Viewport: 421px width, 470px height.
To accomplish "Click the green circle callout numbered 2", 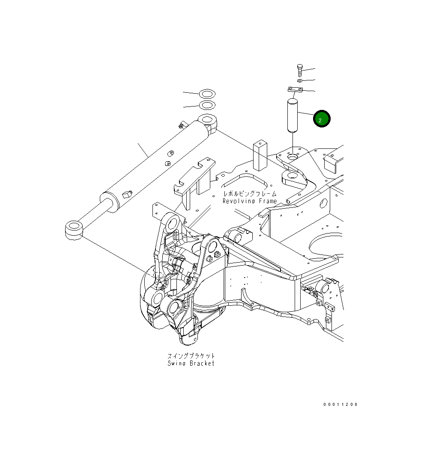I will click(321, 119).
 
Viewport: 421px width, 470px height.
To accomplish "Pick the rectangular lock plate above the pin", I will click(295, 90).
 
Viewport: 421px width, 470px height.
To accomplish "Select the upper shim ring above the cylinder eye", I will click(207, 93).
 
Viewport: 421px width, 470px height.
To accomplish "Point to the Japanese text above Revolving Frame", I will click(249, 194).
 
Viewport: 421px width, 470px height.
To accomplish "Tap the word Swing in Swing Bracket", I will click(176, 363).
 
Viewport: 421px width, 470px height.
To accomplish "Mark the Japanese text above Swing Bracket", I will click(191, 356).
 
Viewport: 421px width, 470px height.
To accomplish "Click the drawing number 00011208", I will click(340, 404).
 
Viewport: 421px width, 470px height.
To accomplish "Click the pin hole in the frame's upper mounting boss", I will click(293, 157).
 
